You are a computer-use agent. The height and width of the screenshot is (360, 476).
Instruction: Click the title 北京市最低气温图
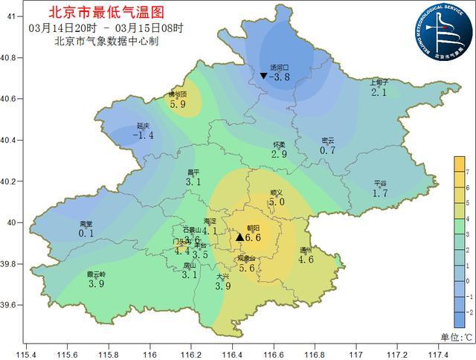105,13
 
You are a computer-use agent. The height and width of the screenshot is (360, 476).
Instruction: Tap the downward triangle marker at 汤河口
263,76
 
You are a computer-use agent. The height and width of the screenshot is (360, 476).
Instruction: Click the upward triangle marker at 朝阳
240,237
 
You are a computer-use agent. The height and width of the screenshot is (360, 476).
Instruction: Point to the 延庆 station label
144,126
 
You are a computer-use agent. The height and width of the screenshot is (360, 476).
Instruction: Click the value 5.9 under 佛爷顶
178,104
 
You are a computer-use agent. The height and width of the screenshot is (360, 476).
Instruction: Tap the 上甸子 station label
380,83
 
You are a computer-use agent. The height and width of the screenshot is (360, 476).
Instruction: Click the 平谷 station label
380,183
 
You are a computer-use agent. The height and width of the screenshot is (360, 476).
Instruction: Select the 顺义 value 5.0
277,202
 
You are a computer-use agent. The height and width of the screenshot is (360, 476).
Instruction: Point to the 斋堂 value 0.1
86,233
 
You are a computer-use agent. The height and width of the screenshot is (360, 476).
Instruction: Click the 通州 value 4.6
306,260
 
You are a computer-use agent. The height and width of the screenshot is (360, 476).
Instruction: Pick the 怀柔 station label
279,144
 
